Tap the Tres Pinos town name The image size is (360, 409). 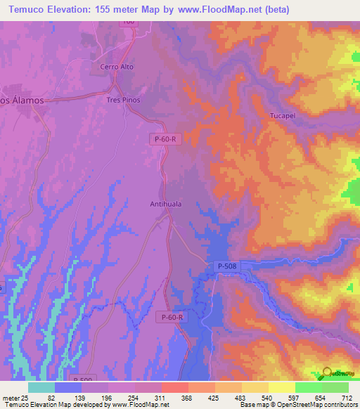[124, 100]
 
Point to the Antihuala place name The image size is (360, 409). [167, 204]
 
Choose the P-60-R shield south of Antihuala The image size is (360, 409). [172, 318]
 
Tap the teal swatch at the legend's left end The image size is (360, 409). [41, 387]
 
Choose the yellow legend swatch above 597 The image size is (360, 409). [282, 387]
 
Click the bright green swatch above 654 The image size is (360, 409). [309, 387]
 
